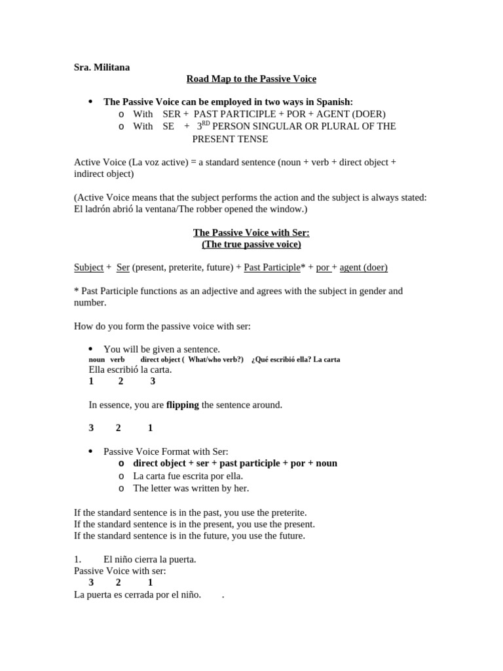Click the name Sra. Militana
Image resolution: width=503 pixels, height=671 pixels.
click(102, 67)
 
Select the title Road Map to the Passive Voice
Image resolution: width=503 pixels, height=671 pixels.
click(251, 79)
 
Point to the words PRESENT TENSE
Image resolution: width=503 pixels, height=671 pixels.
click(230, 139)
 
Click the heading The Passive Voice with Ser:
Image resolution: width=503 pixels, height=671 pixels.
click(251, 233)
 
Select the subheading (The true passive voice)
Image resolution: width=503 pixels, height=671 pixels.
click(251, 244)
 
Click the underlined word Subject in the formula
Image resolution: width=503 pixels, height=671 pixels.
click(88, 267)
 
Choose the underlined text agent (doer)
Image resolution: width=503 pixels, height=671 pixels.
click(363, 267)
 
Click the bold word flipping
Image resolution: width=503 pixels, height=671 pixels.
click(183, 405)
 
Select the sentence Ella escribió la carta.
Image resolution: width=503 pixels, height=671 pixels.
click(130, 370)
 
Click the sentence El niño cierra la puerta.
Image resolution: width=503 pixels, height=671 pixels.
click(150, 559)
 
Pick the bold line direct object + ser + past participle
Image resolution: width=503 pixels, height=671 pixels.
click(235, 463)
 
